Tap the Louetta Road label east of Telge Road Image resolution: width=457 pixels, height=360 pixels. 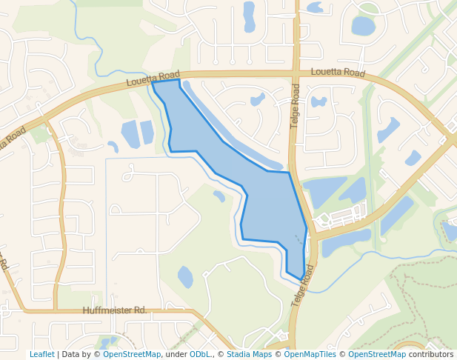[x=338, y=73]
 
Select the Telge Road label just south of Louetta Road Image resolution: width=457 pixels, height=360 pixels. [x=296, y=107]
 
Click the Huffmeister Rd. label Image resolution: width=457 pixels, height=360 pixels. [x=115, y=310]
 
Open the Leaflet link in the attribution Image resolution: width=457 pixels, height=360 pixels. [x=41, y=354]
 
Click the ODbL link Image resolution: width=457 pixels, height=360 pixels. [x=200, y=354]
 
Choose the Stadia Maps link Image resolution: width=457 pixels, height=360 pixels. [x=249, y=354]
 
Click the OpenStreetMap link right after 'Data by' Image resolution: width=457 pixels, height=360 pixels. [x=131, y=354]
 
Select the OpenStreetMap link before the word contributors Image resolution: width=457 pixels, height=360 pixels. [x=377, y=354]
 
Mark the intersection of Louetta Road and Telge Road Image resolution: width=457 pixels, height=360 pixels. [x=296, y=73]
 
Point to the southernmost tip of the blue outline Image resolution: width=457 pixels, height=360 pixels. [x=301, y=279]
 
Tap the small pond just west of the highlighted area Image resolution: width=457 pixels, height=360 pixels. [x=219, y=196]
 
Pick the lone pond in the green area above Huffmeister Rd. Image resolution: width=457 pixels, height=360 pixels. [x=185, y=277]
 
